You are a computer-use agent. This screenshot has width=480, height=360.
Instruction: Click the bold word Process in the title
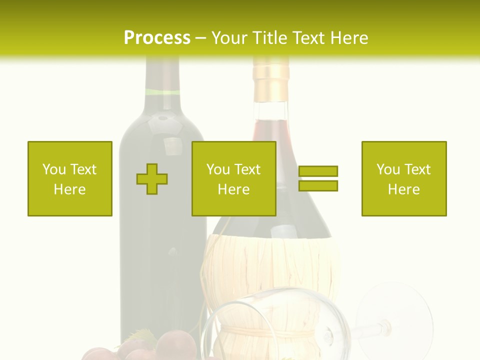click(x=157, y=38)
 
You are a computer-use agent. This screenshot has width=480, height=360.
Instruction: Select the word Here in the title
click(x=347, y=38)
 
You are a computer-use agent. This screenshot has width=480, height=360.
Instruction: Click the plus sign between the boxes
click(x=152, y=178)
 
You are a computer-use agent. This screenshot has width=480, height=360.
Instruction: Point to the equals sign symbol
click(x=318, y=178)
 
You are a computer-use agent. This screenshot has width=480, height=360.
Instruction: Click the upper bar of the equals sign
click(x=318, y=171)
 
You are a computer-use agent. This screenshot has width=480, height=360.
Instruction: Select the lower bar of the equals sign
click(x=318, y=185)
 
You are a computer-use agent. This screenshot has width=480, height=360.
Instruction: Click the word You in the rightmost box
click(x=387, y=169)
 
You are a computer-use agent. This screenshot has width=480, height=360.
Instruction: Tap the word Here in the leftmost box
click(x=70, y=189)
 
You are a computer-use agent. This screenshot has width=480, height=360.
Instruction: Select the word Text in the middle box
click(x=247, y=169)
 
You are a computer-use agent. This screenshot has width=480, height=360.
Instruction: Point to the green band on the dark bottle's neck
click(x=162, y=92)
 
